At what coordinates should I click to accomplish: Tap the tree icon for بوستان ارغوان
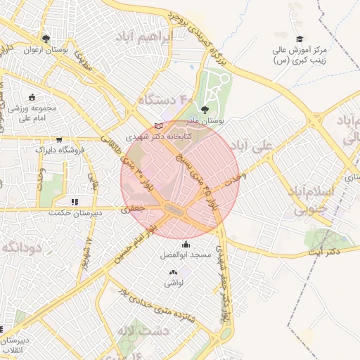[46, 39]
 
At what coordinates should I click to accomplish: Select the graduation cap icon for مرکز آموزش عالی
[300, 39]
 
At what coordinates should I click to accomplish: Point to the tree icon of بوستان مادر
[205, 109]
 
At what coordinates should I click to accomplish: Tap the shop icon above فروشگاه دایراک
[59, 139]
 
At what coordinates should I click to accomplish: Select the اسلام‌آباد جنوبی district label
[308, 200]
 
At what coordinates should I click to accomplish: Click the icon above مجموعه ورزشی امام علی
[31, 97]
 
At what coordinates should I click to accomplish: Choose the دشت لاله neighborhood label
[140, 330]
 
